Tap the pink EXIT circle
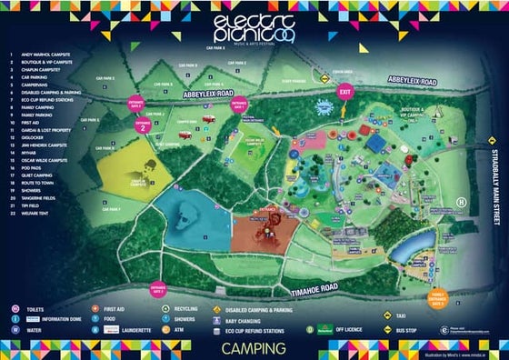(x=344, y=92)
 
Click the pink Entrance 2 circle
(x=144, y=126)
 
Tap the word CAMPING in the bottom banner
(x=254, y=347)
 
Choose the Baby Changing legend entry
(x=245, y=320)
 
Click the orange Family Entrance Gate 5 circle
(x=439, y=296)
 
